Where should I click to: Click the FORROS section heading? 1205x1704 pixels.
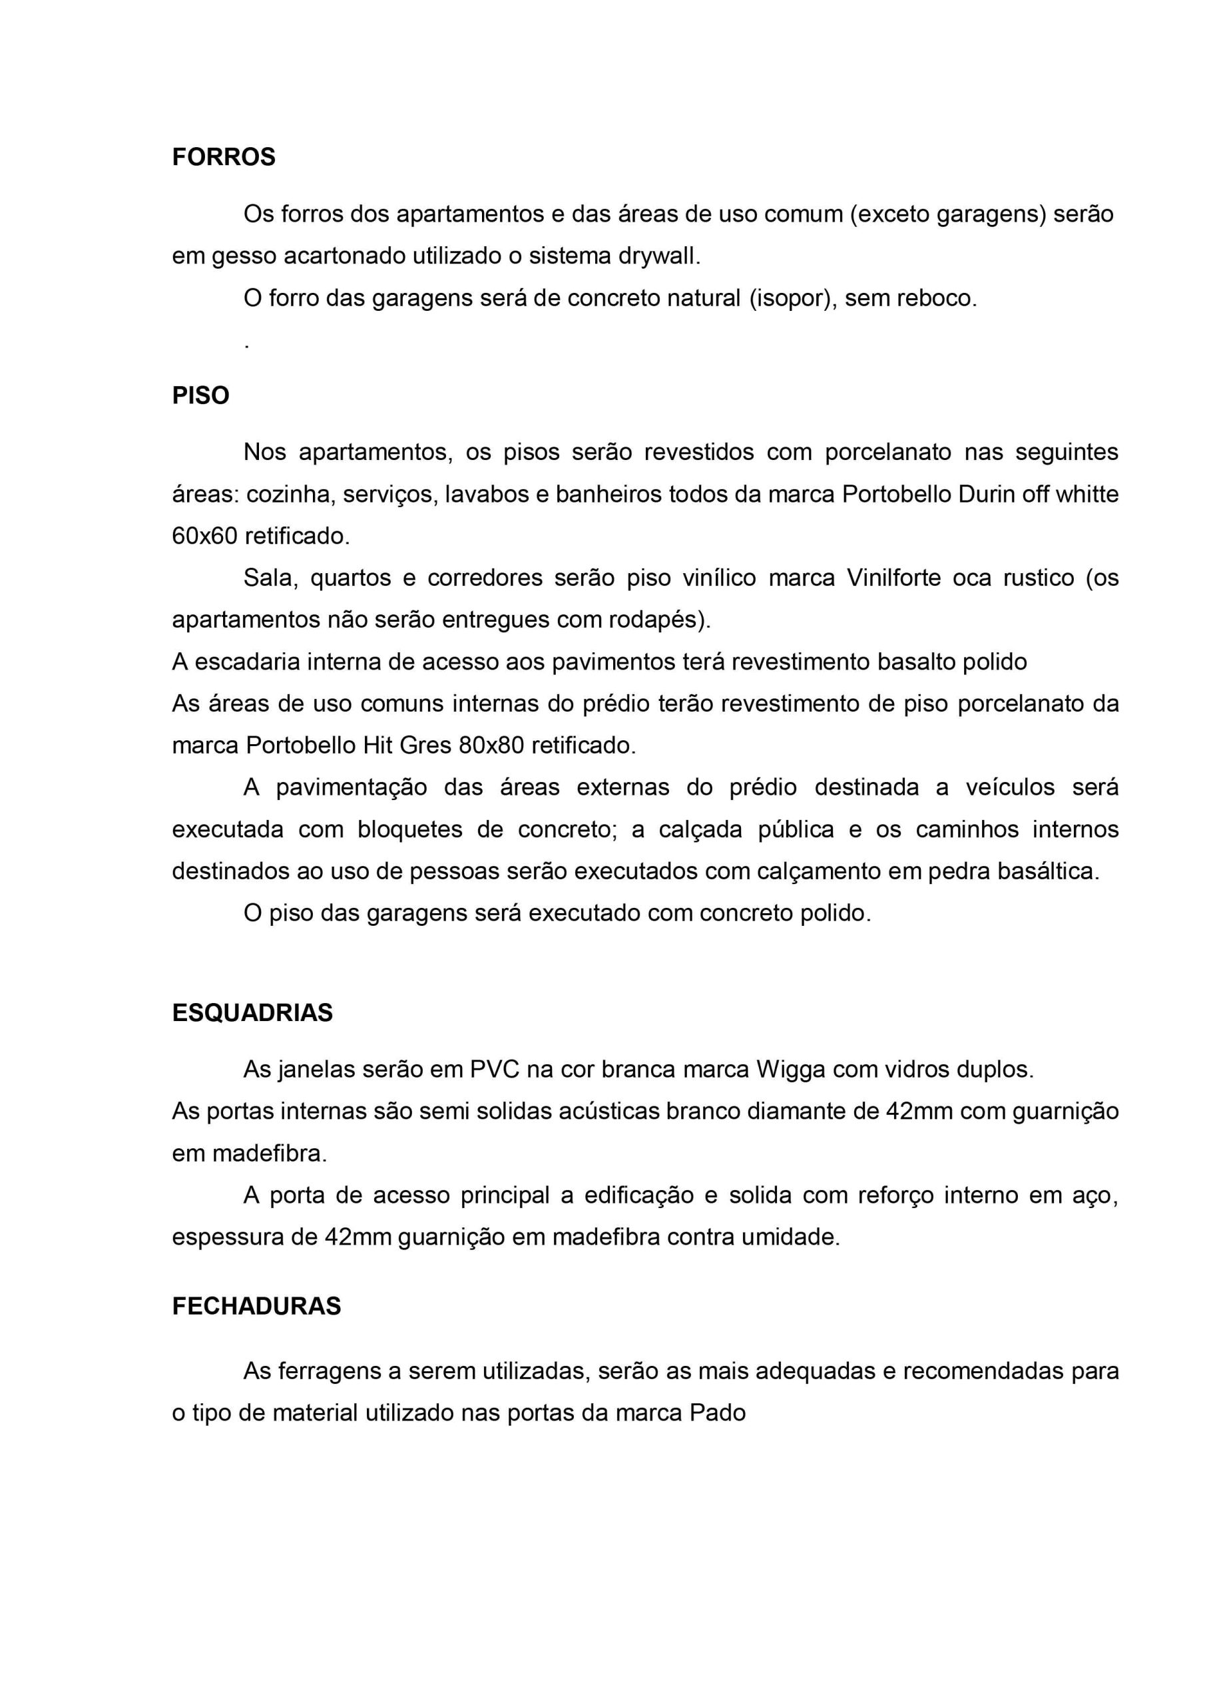coord(224,157)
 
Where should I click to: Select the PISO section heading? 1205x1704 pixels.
coord(200,395)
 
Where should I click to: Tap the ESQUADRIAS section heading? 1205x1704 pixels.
coord(252,1013)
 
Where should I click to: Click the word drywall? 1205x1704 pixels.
coord(658,256)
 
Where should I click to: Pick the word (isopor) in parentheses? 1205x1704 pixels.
coord(792,298)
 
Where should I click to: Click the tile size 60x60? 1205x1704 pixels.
coord(204,536)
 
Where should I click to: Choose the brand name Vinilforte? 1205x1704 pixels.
coord(894,577)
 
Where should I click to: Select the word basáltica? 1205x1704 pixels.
coord(1048,871)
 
